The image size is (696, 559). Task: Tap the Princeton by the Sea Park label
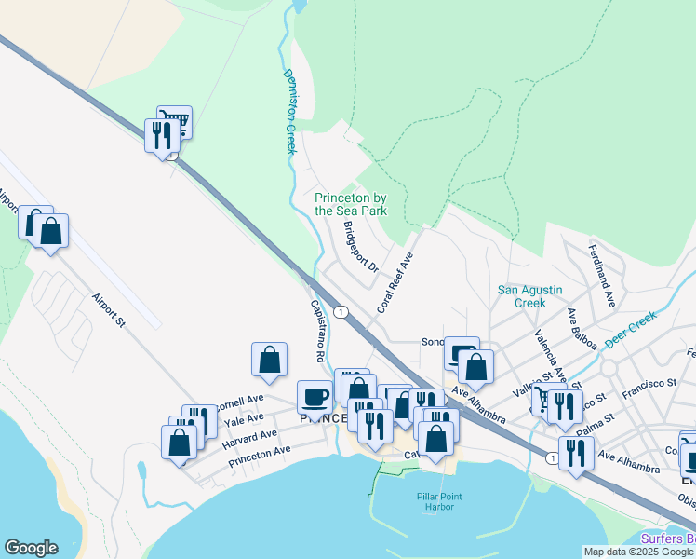pyautogui.click(x=351, y=204)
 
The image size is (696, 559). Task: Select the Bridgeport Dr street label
pyautogui.click(x=360, y=247)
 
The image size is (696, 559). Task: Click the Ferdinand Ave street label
pyautogui.click(x=601, y=276)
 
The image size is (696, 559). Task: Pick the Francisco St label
pyautogui.click(x=649, y=383)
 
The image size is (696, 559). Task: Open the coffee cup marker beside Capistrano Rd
pyautogui.click(x=315, y=397)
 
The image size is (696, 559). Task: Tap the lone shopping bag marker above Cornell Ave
pyautogui.click(x=269, y=359)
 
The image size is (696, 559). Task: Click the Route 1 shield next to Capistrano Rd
pyautogui.click(x=342, y=312)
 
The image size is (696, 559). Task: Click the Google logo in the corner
pyautogui.click(x=31, y=548)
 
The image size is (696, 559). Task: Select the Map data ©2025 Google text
pyautogui.click(x=637, y=552)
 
